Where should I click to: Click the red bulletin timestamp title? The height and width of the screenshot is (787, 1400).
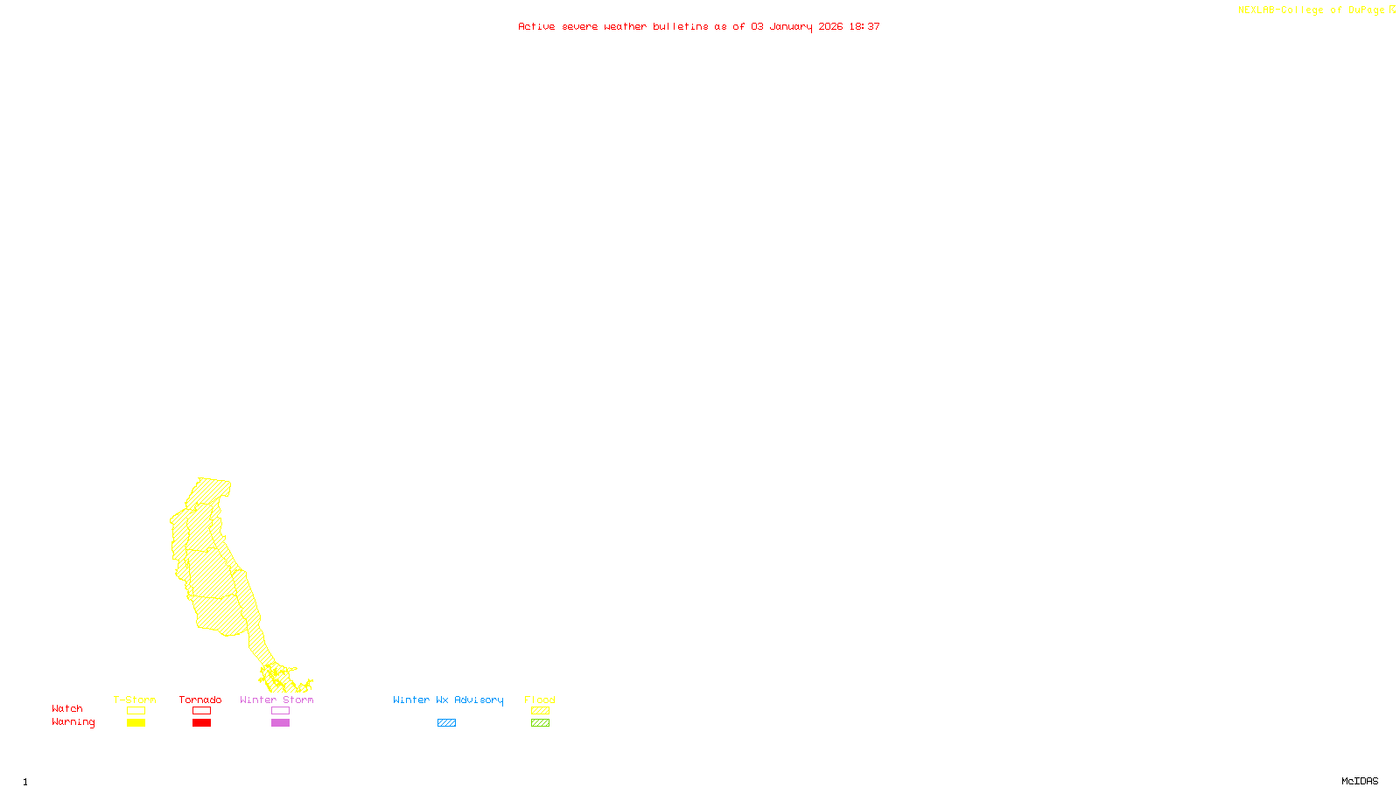coord(698,26)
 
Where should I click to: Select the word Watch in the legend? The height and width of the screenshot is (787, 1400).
coord(67,708)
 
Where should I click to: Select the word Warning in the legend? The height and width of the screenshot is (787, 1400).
coord(73,722)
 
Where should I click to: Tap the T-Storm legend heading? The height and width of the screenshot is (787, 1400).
coord(135,700)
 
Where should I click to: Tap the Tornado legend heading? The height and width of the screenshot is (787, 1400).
coord(200,700)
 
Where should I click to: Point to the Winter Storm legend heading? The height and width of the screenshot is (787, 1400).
coord(276,700)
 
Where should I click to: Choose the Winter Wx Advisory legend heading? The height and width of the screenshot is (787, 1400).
coord(448,700)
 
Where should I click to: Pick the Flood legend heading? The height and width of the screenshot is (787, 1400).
coord(540,700)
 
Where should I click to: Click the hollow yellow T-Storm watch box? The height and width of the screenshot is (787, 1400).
coord(136,711)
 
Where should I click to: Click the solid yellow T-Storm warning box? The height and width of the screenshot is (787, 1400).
coord(136,723)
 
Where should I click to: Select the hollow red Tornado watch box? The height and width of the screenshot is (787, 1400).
coord(201,711)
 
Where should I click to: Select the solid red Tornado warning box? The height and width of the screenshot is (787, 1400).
coord(201,723)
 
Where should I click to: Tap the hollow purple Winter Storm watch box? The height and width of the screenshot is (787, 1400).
coord(280,711)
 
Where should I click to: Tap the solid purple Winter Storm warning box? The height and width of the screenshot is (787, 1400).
coord(280,723)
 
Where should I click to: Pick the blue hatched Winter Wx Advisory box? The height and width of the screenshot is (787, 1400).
coord(446,723)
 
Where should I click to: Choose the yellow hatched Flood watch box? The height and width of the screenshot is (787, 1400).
coord(540,711)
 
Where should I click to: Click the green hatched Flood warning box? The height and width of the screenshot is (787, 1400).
coord(540,723)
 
